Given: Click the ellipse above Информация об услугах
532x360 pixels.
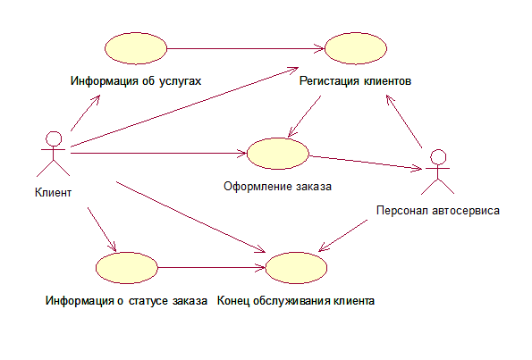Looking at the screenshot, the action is [x=136, y=48].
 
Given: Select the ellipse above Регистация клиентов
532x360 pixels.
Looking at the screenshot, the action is [x=356, y=48].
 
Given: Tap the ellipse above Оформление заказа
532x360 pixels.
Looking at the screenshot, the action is [x=278, y=154].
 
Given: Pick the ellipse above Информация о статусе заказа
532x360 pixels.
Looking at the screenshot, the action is [x=127, y=268].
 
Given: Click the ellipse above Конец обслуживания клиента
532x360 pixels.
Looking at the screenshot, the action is [x=296, y=268].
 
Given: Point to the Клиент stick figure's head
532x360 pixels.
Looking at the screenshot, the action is [x=54, y=139].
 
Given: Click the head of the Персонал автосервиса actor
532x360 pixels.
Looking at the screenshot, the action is [x=438, y=157].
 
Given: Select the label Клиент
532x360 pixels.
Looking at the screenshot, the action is [x=54, y=193].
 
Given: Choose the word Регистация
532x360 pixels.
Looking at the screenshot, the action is [x=329, y=81].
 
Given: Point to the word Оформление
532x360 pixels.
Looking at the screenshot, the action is [x=258, y=186].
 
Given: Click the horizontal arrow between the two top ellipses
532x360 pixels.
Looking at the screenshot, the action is [x=246, y=48].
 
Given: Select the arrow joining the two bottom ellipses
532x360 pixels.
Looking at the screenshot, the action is [x=212, y=268].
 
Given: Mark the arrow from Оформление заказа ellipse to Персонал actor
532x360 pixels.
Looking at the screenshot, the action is [x=366, y=162].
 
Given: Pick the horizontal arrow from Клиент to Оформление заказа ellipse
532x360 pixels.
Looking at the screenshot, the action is [x=159, y=154].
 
